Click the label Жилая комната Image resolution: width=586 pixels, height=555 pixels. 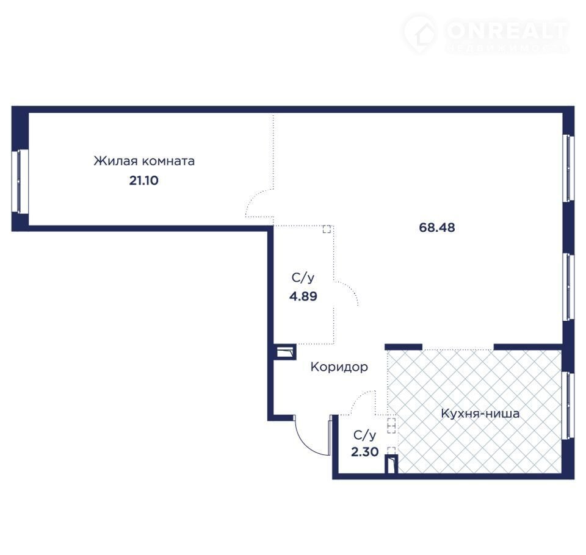144,161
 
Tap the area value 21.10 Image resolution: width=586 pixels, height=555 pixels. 144,181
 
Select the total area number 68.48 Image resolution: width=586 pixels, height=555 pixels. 437,227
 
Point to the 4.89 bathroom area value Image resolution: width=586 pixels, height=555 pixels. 303,296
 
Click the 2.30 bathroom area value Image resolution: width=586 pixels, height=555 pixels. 365,452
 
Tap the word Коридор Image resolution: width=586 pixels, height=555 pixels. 339,367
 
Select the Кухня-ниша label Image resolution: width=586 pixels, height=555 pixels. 480,414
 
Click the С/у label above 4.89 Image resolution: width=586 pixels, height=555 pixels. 303,277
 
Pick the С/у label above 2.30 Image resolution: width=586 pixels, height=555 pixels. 365,435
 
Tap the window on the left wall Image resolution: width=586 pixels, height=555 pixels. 20,182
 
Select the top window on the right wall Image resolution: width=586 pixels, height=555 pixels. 568,168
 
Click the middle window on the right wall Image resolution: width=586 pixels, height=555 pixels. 568,287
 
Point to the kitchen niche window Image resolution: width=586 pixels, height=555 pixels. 568,405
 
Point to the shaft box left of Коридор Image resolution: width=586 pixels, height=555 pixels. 285,352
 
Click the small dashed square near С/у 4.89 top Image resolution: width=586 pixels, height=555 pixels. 327,229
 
